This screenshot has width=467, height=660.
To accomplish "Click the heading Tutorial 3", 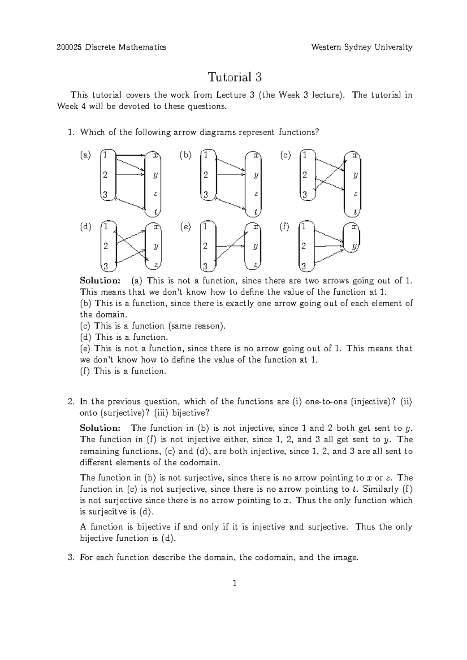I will (235, 77).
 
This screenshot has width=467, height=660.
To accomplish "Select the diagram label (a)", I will (85, 155).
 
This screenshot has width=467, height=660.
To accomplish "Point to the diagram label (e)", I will (186, 227).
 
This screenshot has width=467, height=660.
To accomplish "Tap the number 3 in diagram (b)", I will (205, 195).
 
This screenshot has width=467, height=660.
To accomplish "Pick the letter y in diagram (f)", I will (354, 246).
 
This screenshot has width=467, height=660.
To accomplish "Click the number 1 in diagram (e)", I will (205, 226).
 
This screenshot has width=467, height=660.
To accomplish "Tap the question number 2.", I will (70, 402).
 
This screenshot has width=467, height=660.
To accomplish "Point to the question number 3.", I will (70, 558).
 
